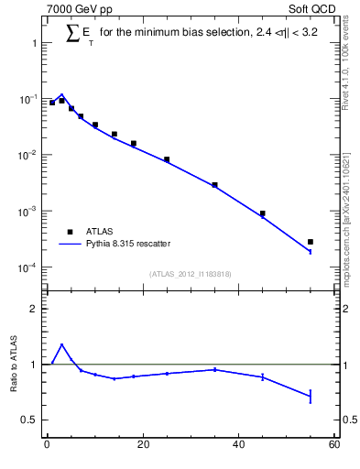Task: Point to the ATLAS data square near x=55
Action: tap(311, 242)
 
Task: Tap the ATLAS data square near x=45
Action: tap(262, 213)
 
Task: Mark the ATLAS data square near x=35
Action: tap(214, 185)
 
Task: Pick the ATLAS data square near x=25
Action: tap(167, 159)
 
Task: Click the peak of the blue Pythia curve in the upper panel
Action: tap(60, 94)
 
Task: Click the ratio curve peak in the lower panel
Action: tap(61, 345)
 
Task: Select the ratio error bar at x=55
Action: tap(311, 396)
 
